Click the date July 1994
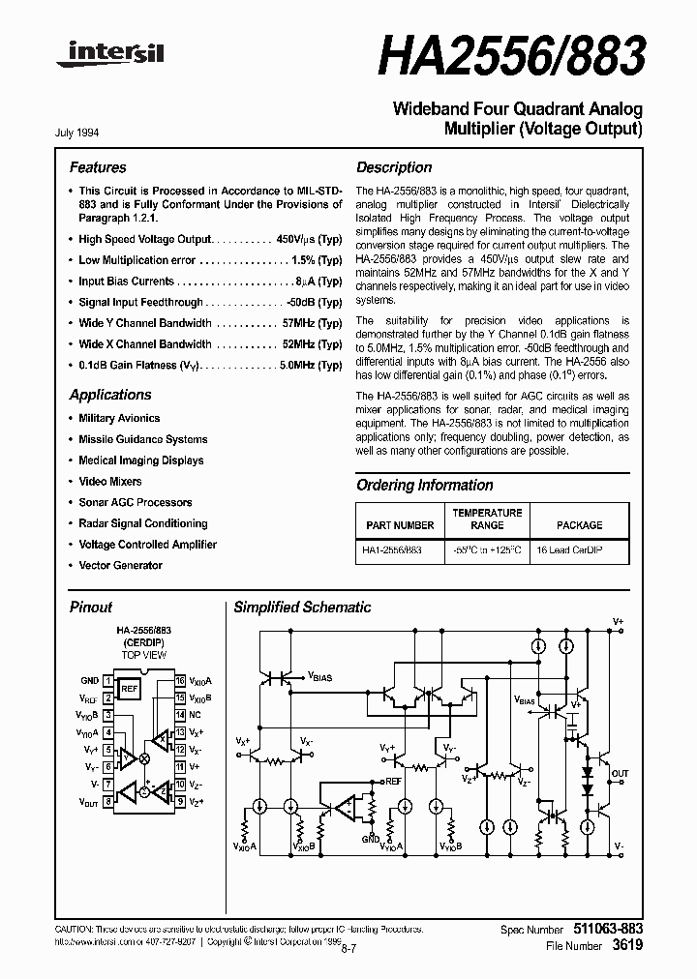83,133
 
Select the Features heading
98,167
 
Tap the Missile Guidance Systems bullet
142,439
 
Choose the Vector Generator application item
120,565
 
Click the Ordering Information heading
424,486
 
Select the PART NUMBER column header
401,525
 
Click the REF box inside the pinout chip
129,689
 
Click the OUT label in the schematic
620,774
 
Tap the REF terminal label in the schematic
392,780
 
